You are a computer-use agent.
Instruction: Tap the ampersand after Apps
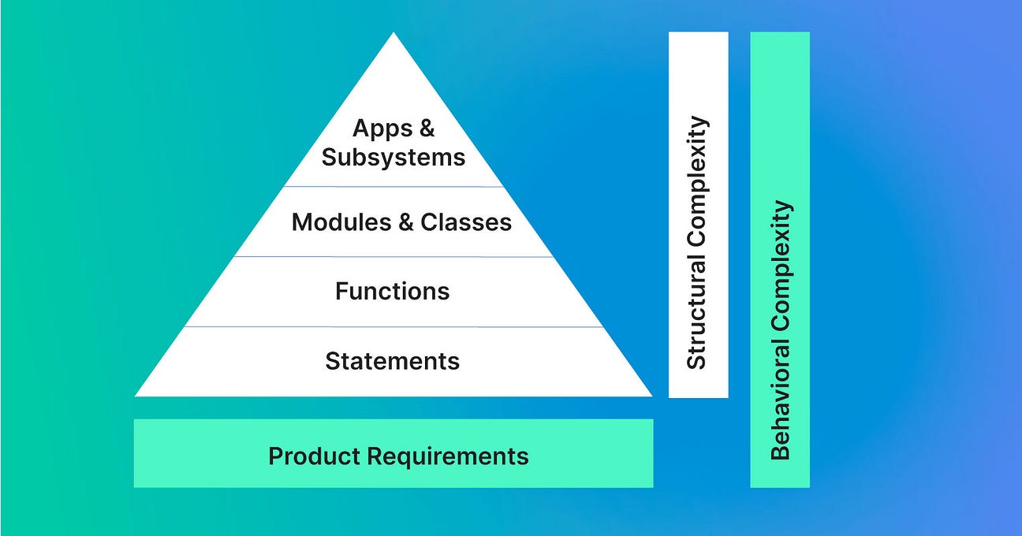tap(427, 128)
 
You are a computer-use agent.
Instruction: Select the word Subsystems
tap(394, 157)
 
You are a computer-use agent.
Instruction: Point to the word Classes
tap(466, 222)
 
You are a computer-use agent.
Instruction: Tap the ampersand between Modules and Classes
tap(406, 222)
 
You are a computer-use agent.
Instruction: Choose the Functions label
tap(393, 291)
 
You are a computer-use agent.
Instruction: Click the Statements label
tap(393, 361)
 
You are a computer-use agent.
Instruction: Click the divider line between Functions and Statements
tap(393, 326)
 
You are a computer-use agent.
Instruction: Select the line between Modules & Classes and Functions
tap(393, 256)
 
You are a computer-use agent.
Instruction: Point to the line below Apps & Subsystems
tap(393, 187)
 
